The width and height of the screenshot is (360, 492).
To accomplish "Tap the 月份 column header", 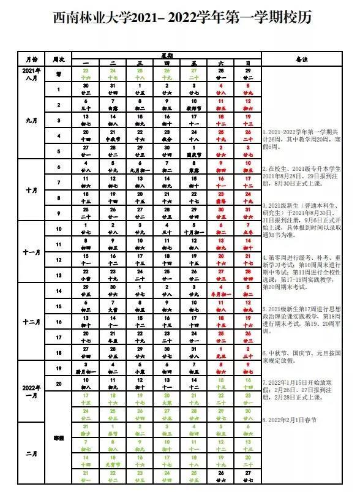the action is click(x=31, y=59).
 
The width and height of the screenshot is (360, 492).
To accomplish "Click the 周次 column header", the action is click(x=59, y=59).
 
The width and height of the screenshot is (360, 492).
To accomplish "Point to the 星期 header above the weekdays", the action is click(x=167, y=55).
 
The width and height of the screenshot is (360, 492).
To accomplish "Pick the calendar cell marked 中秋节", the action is click(x=113, y=135).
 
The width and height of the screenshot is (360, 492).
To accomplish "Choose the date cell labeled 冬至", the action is click(x=113, y=336).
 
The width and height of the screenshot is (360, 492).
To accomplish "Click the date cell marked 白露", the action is click(x=113, y=104).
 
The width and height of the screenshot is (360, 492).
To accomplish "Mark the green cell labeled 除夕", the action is click(x=86, y=430).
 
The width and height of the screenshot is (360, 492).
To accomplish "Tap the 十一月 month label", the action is click(x=31, y=251).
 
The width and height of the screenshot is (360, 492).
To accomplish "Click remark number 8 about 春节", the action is click(x=290, y=420).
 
